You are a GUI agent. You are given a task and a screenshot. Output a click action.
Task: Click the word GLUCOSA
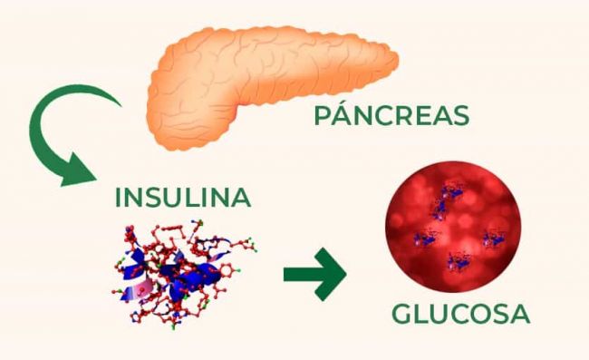tap(459, 314)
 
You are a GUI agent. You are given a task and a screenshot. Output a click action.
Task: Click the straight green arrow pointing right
tap(314, 273)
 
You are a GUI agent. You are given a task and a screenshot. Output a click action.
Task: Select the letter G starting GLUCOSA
tap(402, 314)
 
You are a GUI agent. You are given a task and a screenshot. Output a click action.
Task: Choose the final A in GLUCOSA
tap(517, 314)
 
